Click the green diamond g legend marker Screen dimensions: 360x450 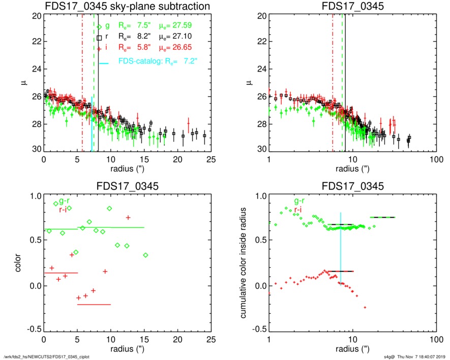pyautogui.click(x=100, y=26)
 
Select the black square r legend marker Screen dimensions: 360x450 pyautogui.click(x=100, y=38)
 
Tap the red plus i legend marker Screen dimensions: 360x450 pyautogui.click(x=100, y=48)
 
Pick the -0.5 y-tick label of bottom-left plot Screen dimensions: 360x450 pyautogui.click(x=31, y=329)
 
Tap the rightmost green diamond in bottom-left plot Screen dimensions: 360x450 pyautogui.click(x=145, y=255)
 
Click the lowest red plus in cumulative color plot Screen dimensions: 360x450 pyautogui.click(x=365, y=307)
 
